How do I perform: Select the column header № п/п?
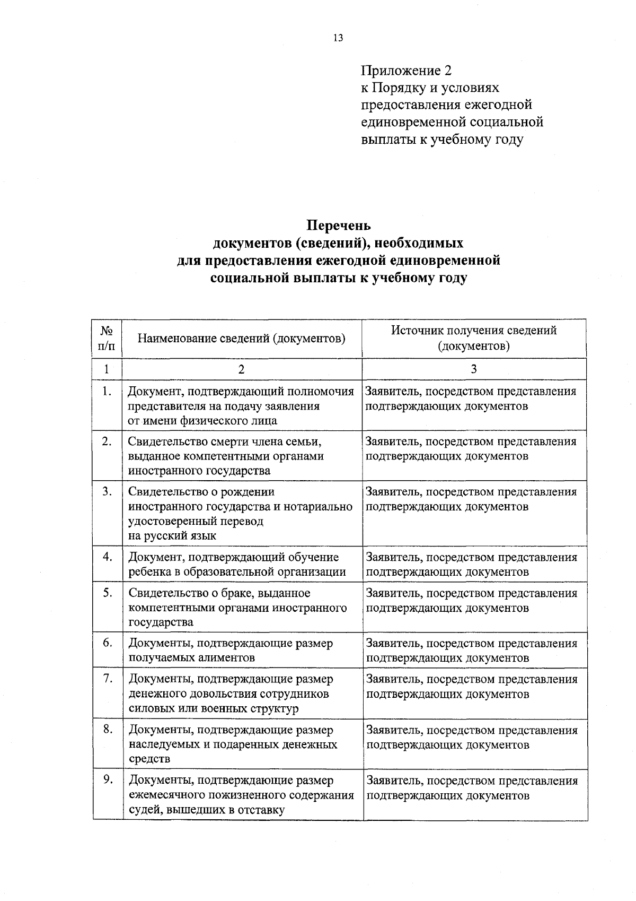(107, 338)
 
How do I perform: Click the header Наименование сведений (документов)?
(242, 338)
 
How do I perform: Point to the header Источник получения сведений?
(474, 330)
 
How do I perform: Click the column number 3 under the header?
(474, 369)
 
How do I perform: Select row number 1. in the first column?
(107, 392)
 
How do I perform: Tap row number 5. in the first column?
(107, 593)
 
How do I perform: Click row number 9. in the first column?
(108, 779)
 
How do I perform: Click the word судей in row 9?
(144, 810)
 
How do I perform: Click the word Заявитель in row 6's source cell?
(394, 643)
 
